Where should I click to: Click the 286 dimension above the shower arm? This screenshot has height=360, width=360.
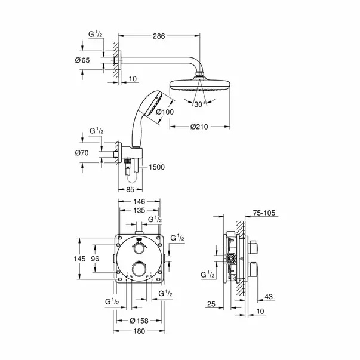coord(159,36)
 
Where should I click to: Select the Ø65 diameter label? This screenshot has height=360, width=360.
coord(82,60)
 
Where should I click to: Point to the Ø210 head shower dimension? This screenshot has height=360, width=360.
coord(199,127)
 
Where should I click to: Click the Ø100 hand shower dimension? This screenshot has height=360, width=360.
coord(165,112)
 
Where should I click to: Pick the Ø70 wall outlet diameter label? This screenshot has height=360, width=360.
coord(82,153)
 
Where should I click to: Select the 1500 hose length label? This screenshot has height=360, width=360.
coord(156,167)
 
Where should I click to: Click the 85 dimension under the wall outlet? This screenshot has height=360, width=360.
coord(130,190)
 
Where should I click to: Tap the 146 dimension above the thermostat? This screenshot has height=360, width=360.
coord(139,202)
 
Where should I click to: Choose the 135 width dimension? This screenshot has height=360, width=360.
coord(139,210)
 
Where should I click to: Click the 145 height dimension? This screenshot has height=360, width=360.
coord(79,259)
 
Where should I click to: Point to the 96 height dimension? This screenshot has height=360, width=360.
coord(95,259)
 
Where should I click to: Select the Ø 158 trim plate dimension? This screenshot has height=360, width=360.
coord(139,321)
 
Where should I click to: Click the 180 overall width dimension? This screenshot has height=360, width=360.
coord(139,331)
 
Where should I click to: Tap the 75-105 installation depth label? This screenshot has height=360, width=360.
coord(264,213)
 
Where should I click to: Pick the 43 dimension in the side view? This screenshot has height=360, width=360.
coord(269,297)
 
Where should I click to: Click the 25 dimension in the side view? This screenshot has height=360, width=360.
coord(211,304)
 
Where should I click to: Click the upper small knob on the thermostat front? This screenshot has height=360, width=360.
coord(139,248)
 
